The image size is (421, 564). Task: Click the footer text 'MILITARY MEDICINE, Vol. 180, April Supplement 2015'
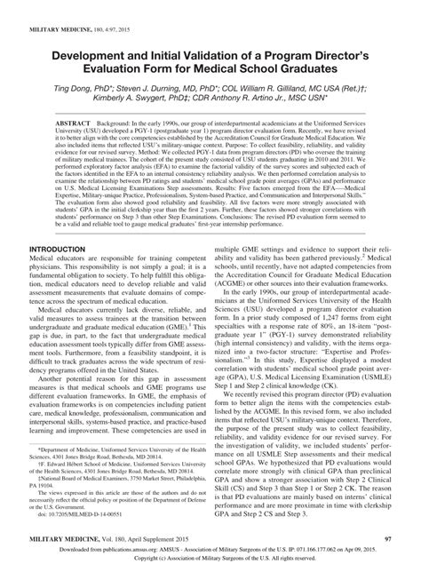(x=107, y=538)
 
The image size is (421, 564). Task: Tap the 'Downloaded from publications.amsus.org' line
(x=210, y=549)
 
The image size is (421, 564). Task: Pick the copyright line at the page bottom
(x=210, y=558)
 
